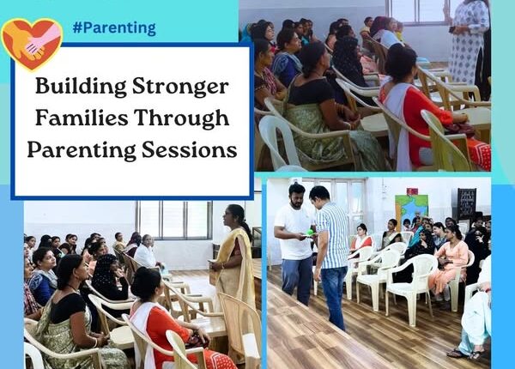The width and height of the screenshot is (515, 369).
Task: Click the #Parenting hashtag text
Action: pyautogui.click(x=114, y=28)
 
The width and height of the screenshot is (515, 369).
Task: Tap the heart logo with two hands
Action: pyautogui.click(x=32, y=44)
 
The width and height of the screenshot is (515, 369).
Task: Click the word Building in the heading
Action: pyautogui.click(x=81, y=87)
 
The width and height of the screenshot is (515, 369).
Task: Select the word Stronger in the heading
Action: pyautogui.click(x=180, y=87)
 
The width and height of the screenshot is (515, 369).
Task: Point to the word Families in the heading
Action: pyautogui.click(x=82, y=118)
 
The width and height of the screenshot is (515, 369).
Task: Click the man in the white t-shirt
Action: pyautogui.click(x=294, y=243)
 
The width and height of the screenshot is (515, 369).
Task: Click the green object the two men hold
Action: pyautogui.click(x=311, y=233)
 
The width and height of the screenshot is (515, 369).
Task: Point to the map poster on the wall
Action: pyautogui.click(x=411, y=210)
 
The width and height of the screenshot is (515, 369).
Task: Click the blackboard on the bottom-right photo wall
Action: pyautogui.click(x=467, y=203)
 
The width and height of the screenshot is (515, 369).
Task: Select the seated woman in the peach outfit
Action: pyautogui.click(x=449, y=262)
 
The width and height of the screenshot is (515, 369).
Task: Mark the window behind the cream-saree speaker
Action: pyautogui.click(x=175, y=220)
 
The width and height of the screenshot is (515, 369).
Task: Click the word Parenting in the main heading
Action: pyautogui.click(x=82, y=150)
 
